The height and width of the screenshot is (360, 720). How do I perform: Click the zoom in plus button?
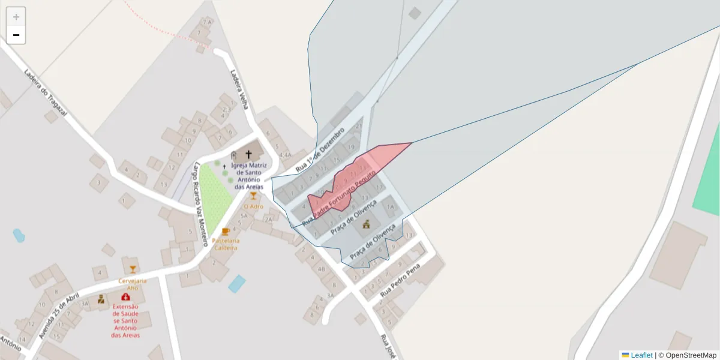pyautogui.click(x=16, y=17)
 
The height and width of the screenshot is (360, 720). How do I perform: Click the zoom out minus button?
pyautogui.click(x=16, y=35)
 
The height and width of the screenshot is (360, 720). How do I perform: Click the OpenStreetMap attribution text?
pyautogui.click(x=691, y=355)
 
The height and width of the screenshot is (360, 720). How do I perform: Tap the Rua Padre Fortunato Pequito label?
pyautogui.click(x=339, y=198)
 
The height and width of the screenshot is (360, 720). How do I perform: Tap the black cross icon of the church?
pyautogui.click(x=248, y=155)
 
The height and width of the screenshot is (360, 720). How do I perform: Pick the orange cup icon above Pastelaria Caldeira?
pyautogui.click(x=226, y=232)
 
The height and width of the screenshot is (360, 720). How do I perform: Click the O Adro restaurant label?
pyautogui.click(x=253, y=206)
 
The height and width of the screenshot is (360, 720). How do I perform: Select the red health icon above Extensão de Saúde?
pyautogui.click(x=125, y=296)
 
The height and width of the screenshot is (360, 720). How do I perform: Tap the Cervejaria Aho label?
pyautogui.click(x=133, y=284)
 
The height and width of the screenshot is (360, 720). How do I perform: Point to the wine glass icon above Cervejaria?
pyautogui.click(x=133, y=269)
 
